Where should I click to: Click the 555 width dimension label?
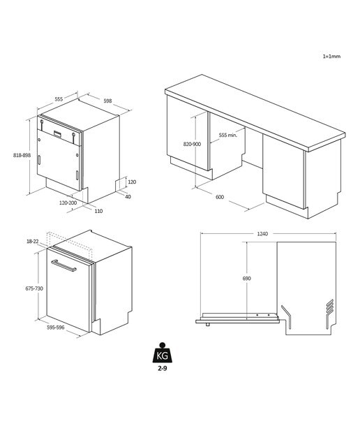pos(59,99)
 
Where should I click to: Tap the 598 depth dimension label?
pos(107,101)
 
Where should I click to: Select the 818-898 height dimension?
pos(22,155)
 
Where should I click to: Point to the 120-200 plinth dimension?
pos(68,203)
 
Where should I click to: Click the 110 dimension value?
pos(98,211)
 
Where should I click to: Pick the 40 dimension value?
pos(128,197)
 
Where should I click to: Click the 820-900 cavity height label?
pos(192,144)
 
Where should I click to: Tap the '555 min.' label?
pos(228,135)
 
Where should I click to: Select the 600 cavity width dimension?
pos(220,197)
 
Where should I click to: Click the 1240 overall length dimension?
pos(262,234)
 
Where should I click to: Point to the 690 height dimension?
pos(247,278)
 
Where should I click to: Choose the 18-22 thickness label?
pos(33,242)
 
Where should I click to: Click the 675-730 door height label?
pos(34,288)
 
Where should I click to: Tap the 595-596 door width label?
pos(56,328)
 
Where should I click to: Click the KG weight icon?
pos(163,353)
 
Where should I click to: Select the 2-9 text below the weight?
pos(163,368)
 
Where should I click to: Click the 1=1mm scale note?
pos(331,56)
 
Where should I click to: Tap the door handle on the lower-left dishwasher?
pos(63,265)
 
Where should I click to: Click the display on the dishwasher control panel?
pos(57,133)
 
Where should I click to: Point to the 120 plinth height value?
pos(132,182)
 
